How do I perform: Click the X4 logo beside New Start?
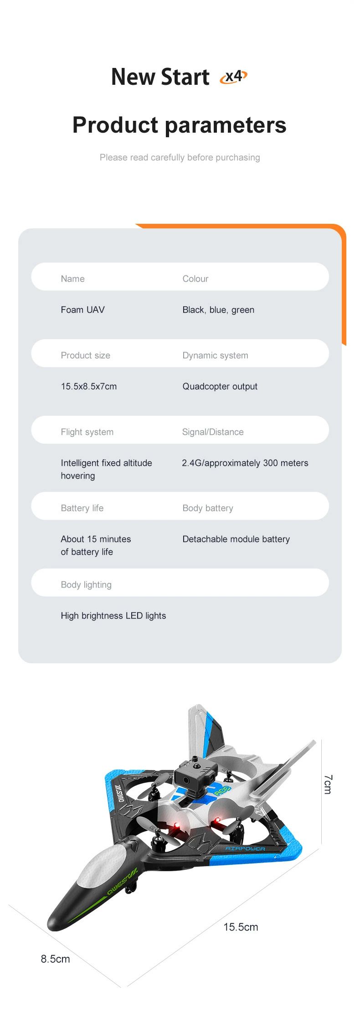233,77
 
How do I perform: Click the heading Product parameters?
180,125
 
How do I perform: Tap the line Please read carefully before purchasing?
180,157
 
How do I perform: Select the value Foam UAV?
82,310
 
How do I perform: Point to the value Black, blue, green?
218,310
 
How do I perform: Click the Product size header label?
86,355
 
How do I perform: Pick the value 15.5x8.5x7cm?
89,386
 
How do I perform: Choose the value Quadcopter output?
220,387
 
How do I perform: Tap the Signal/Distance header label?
213,432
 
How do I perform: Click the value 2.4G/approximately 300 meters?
245,463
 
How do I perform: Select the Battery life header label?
82,508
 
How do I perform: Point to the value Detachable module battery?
236,539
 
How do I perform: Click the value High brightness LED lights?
113,615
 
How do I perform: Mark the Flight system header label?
87,432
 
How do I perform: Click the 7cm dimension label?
328,784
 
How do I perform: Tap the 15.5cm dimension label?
241,927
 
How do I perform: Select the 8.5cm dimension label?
55,959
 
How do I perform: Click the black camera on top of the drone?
195,772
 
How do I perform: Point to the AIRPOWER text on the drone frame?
245,849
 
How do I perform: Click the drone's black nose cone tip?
51,926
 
